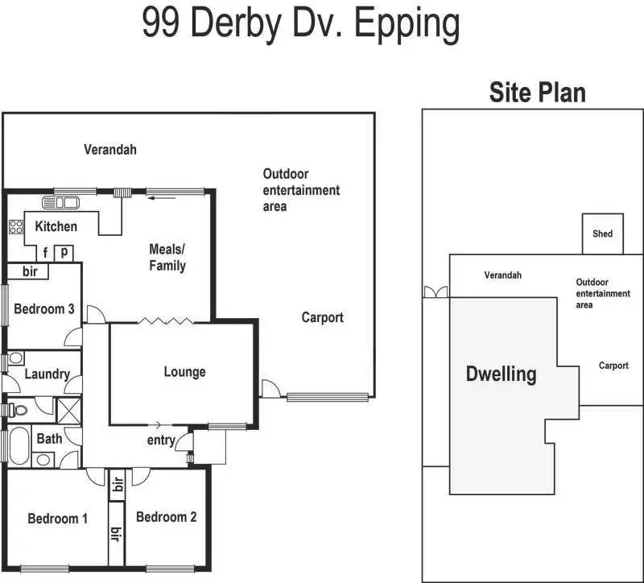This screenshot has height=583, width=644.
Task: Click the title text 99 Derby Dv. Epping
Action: click(x=301, y=24)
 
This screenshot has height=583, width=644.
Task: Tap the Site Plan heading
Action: click(x=537, y=92)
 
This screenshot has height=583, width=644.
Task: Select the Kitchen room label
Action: click(x=56, y=226)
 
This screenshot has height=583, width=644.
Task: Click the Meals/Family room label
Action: click(x=167, y=257)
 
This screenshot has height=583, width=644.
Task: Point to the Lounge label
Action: click(x=184, y=372)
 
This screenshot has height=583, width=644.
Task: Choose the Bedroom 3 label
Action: click(x=44, y=308)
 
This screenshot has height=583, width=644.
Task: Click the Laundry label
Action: click(x=47, y=374)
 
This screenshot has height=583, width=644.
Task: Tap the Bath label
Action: click(x=49, y=438)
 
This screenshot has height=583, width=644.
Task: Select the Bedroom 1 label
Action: click(x=57, y=518)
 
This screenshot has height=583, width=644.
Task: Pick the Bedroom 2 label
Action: click(x=166, y=517)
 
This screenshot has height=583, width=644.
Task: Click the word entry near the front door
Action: click(x=161, y=440)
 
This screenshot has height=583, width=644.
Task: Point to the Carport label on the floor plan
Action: click(x=322, y=317)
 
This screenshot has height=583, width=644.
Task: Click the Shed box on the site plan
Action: click(x=602, y=234)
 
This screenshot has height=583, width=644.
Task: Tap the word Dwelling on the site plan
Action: click(x=501, y=374)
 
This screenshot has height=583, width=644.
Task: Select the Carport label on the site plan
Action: click(x=613, y=366)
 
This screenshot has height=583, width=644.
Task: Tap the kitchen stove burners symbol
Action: click(x=15, y=225)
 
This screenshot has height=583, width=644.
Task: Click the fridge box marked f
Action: click(x=46, y=253)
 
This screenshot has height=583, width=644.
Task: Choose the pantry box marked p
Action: click(x=64, y=253)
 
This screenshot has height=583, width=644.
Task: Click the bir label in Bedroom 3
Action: click(x=30, y=271)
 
